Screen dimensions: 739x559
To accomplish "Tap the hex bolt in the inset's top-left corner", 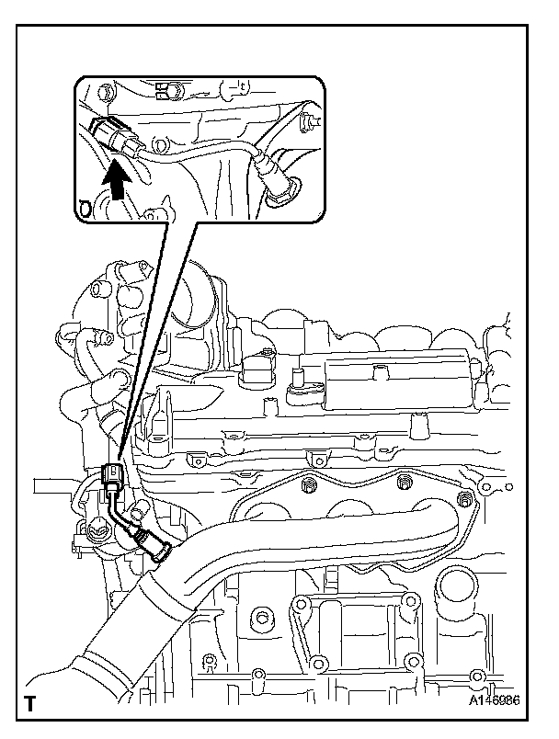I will click(103, 91).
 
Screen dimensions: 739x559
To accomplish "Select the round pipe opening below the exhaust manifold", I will click(456, 586).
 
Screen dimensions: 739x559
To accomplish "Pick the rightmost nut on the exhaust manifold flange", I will click(465, 496).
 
